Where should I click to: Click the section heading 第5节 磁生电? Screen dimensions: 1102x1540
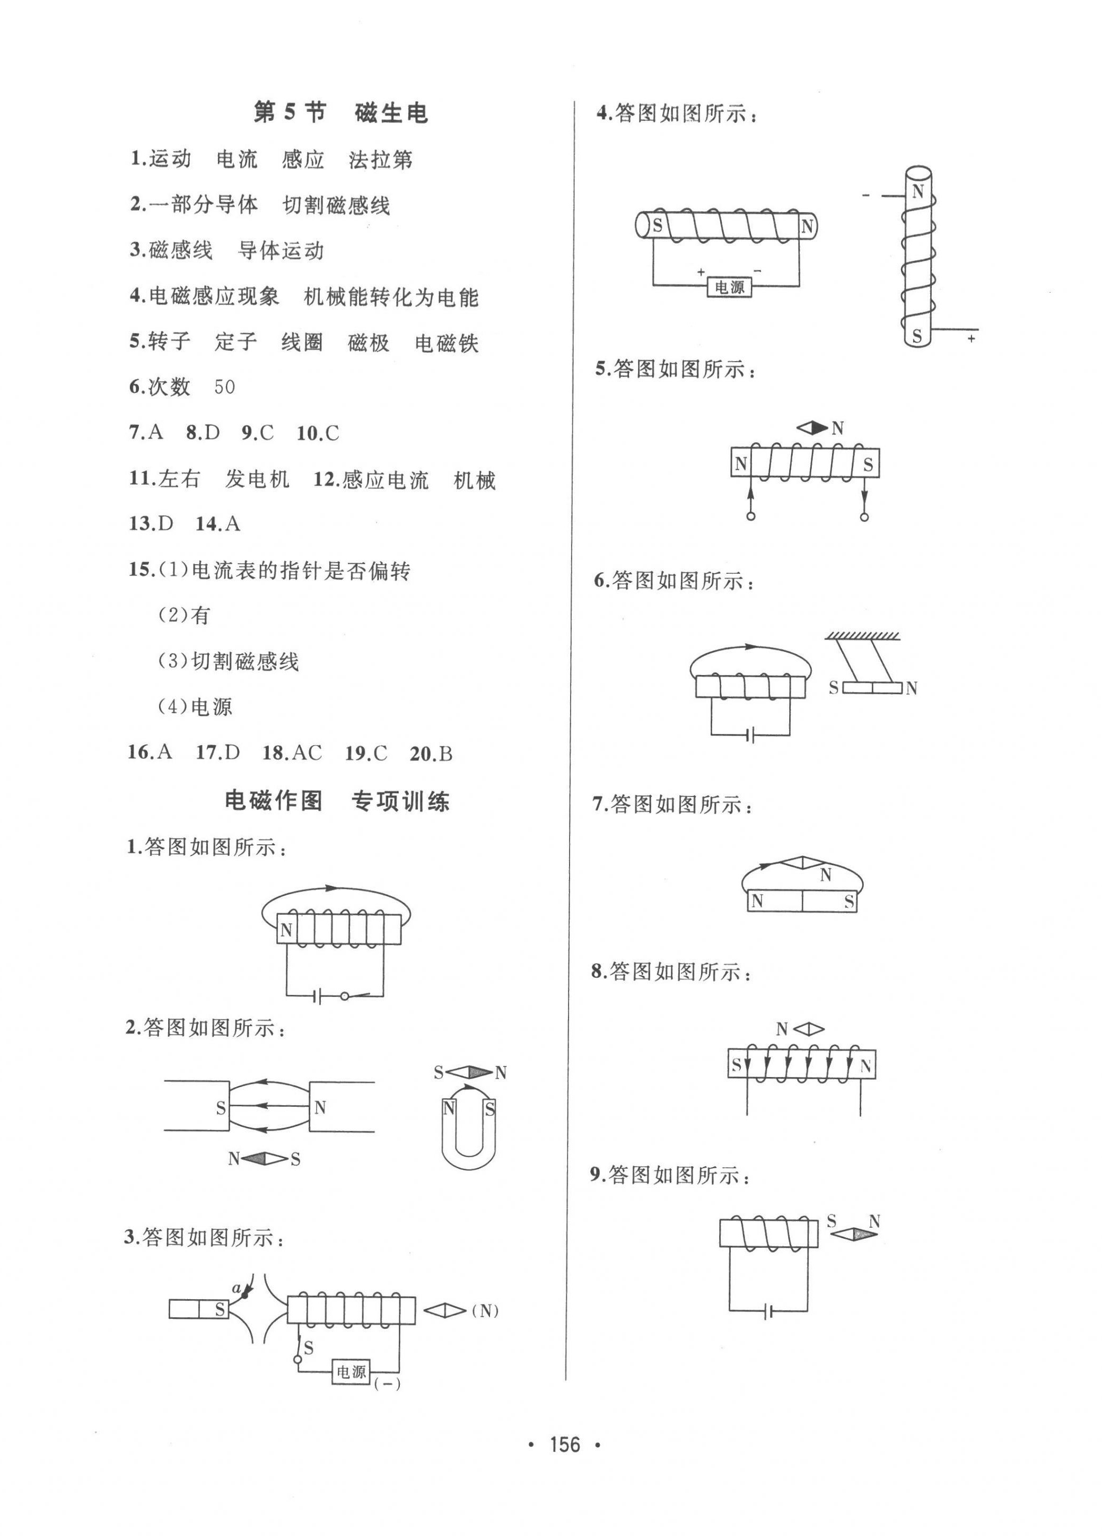340,112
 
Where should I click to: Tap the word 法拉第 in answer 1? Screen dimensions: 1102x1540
381,160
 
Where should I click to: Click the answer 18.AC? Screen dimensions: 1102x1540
292,753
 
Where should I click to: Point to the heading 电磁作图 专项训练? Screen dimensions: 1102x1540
337,801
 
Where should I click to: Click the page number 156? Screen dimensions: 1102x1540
565,1445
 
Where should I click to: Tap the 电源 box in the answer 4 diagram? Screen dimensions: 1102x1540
730,287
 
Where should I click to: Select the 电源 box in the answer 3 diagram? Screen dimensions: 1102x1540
352,1372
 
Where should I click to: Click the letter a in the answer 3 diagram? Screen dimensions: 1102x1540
236,1288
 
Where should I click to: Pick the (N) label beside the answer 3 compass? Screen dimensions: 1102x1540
485,1311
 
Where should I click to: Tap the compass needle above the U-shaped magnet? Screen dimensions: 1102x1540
469,1073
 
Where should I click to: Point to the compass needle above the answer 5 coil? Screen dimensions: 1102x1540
812,428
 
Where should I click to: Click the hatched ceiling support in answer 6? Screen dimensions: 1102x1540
862,636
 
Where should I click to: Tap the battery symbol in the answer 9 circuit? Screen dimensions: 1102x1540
768,1312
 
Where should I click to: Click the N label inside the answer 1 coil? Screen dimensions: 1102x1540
286,930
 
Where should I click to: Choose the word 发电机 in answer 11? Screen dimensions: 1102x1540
257,479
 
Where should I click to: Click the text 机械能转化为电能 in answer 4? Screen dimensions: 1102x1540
391,297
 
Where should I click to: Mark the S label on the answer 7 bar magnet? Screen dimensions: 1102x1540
849,902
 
